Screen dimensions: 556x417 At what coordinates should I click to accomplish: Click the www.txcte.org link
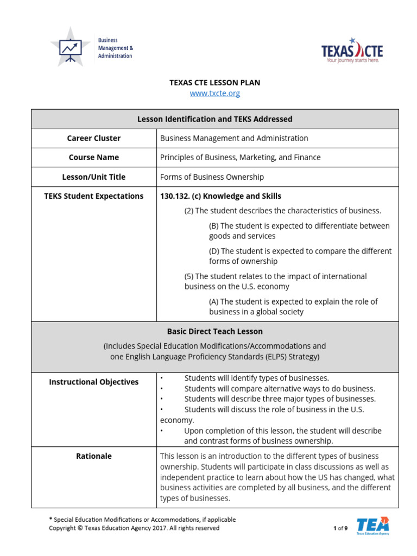(214, 93)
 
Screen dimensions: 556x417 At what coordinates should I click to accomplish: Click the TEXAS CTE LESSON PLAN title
(214, 83)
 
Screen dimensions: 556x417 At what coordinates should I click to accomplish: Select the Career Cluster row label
(94, 138)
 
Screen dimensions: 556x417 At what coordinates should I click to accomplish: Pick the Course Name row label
(94, 157)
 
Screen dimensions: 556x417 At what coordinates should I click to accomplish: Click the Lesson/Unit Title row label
(94, 177)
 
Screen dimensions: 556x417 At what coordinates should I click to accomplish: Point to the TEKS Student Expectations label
(94, 196)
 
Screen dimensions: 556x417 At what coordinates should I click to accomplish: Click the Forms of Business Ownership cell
(212, 177)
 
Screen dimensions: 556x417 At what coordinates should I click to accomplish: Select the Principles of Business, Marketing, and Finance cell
(240, 157)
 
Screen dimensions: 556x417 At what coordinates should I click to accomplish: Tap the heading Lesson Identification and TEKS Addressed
(214, 119)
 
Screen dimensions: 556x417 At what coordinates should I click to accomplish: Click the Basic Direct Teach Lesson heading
(214, 331)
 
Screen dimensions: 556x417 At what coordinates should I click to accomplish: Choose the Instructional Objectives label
(94, 382)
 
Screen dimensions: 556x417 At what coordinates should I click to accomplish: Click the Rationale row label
(94, 456)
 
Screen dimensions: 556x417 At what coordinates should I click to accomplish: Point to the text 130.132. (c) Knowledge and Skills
(220, 196)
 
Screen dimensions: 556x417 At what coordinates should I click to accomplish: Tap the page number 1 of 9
(340, 528)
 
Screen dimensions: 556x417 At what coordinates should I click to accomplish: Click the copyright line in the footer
(134, 528)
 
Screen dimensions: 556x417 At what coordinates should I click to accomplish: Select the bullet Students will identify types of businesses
(256, 378)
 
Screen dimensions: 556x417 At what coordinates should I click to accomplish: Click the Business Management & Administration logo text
(115, 48)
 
